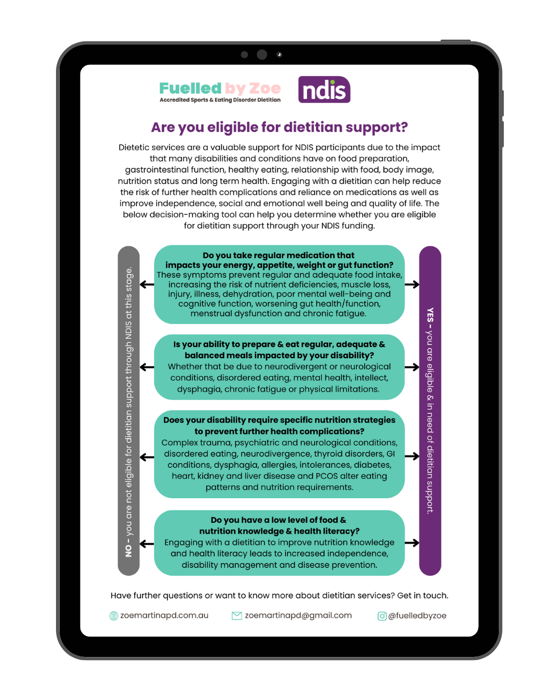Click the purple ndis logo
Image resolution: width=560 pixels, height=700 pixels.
324,90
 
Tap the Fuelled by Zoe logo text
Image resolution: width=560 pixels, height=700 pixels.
220,88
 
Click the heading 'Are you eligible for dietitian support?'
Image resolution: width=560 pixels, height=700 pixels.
279,127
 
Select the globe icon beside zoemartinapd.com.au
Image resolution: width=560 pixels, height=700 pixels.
114,615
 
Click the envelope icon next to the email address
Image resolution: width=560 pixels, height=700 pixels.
236,615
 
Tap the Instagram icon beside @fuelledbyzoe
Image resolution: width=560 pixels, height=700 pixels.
382,616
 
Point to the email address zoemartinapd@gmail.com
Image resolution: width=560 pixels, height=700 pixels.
298,615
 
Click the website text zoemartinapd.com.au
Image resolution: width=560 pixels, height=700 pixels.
164,615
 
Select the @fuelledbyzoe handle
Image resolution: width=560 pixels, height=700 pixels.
417,615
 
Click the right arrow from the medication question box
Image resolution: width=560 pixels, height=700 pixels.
412,284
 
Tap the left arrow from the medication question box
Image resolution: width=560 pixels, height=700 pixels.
147,284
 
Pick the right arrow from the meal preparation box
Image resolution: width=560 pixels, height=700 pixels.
412,367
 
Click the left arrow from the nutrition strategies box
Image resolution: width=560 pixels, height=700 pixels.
147,457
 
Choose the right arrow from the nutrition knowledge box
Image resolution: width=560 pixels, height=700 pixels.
412,543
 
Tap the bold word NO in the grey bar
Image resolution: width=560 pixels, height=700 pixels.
129,550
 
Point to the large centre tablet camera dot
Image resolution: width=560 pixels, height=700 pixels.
262,54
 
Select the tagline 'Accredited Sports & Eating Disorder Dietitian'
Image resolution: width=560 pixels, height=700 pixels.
220,100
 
